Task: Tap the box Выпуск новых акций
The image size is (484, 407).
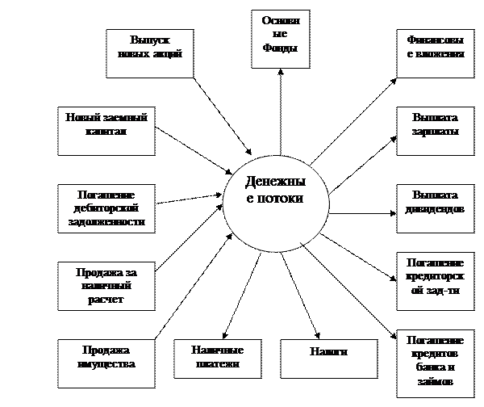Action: coord(150,53)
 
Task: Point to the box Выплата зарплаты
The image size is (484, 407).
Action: coord(436,131)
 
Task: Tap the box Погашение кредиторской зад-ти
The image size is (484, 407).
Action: coord(436,281)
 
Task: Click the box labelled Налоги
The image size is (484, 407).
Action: coord(328,358)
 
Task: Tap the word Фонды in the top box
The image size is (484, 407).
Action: coord(280,48)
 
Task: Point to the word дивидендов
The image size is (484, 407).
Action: coord(436,208)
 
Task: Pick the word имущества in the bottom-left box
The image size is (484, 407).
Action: coord(106,364)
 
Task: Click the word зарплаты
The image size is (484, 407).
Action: coord(436,131)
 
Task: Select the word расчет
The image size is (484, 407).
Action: coord(102,300)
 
